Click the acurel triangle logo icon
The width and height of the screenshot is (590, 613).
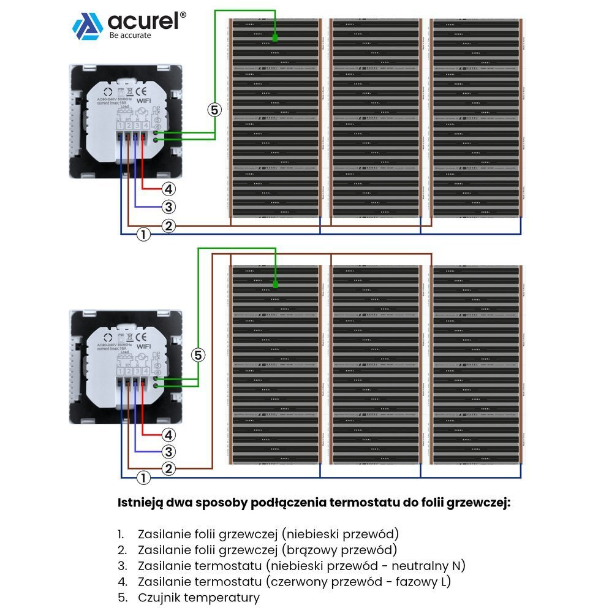88,26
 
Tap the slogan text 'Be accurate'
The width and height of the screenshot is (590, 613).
130,36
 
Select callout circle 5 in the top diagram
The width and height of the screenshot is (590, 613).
213,110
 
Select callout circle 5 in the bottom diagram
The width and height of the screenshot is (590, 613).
197,354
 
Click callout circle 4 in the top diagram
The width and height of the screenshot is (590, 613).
169,189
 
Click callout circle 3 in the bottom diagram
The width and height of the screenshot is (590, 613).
169,452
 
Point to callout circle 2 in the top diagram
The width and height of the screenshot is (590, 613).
169,226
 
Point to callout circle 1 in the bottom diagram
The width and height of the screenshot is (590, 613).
143,478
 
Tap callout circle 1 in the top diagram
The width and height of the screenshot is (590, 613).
143,234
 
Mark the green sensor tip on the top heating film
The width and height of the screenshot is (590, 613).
275,39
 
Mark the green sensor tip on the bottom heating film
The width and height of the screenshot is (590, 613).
275,284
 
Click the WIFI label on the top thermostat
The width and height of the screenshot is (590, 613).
143,101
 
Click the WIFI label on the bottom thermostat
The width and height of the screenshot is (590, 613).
143,346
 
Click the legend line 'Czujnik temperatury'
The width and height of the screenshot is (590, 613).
199,597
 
